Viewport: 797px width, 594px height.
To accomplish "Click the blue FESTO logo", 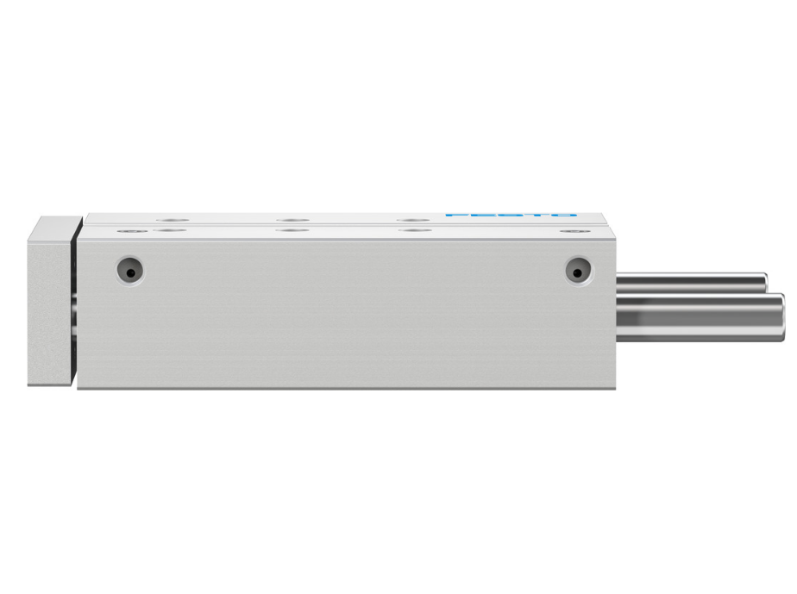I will pyautogui.click(x=510, y=215).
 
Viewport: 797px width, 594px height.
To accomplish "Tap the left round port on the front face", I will pyautogui.click(x=129, y=271).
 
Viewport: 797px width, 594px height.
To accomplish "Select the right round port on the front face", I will pyautogui.click(x=578, y=271).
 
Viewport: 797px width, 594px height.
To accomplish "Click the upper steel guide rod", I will pyautogui.click(x=690, y=282).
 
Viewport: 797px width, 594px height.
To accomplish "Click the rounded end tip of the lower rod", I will pyautogui.click(x=779, y=312).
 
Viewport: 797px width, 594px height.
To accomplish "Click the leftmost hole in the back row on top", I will pyautogui.click(x=172, y=220).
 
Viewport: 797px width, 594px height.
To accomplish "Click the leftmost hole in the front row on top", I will pyautogui.click(x=129, y=230).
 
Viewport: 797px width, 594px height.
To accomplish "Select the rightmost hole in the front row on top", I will pyautogui.click(x=567, y=230).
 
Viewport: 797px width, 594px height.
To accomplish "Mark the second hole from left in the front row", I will pyautogui.click(x=172, y=230).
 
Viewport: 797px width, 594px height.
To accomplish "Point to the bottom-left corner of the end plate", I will pyautogui.click(x=30, y=383).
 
